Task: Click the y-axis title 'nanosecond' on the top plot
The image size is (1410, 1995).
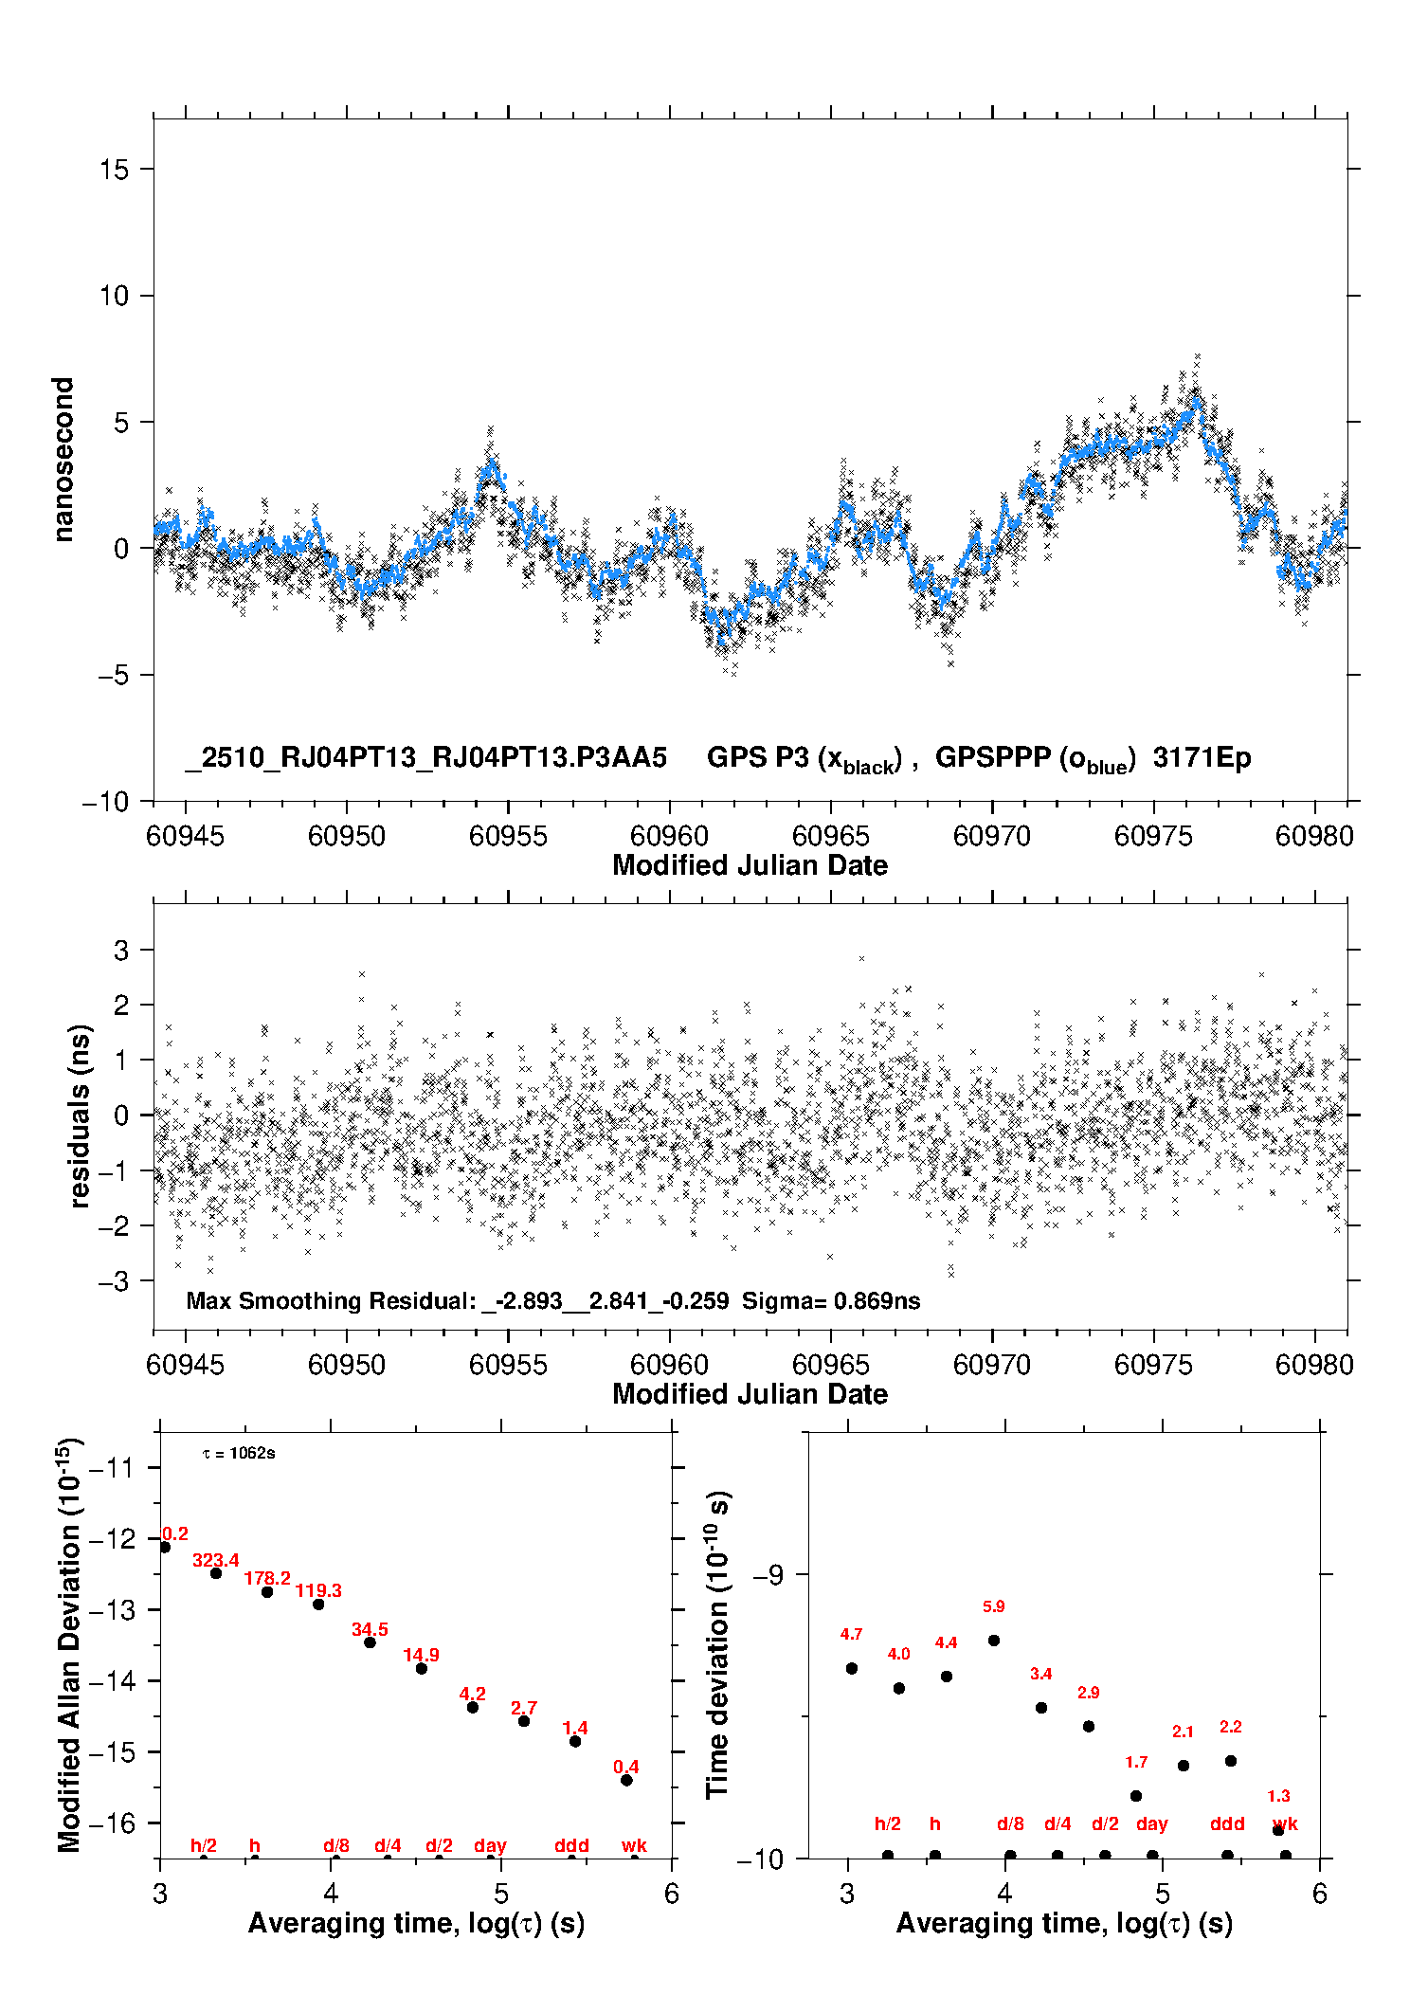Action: (x=63, y=460)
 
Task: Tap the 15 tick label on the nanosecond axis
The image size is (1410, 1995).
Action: (x=114, y=170)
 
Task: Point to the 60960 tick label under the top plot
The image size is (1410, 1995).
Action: (x=669, y=836)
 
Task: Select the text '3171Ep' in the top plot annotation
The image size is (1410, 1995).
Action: (x=1202, y=758)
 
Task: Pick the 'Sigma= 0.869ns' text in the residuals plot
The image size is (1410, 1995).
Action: (x=831, y=1301)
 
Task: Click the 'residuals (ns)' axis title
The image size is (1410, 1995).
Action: (x=81, y=1115)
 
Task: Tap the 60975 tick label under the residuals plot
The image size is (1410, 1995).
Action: (x=1153, y=1365)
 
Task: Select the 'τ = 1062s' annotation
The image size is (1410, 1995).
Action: (x=239, y=1454)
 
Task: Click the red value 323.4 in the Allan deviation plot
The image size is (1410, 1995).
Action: (x=216, y=1560)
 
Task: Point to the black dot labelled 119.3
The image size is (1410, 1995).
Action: (x=318, y=1605)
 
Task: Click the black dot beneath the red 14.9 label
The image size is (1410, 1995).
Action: (x=422, y=1668)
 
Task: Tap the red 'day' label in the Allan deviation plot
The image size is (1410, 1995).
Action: (x=490, y=1845)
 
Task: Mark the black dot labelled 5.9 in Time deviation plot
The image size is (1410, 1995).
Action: (x=994, y=1641)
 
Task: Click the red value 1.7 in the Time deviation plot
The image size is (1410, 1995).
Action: (x=1136, y=1763)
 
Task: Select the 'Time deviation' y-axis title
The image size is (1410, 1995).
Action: (x=718, y=1644)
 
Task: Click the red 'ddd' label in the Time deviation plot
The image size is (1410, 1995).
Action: (x=1227, y=1824)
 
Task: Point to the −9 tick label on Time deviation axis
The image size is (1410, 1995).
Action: (x=768, y=1575)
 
